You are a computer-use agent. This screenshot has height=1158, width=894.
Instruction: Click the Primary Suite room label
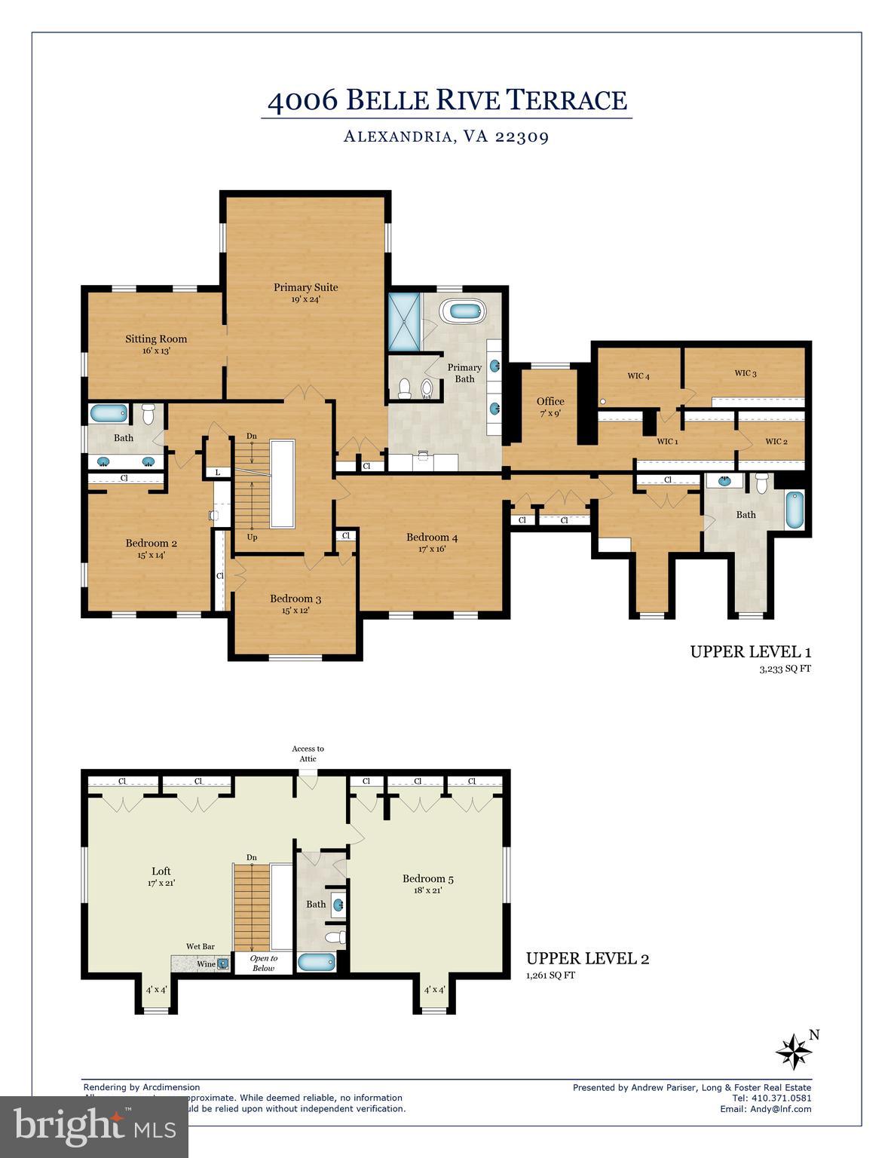pos(305,287)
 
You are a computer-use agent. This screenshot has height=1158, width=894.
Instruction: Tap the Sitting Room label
pos(156,339)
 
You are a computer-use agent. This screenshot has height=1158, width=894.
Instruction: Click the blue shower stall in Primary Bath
pos(405,322)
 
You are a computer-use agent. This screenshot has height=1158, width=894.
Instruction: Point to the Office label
pos(550,401)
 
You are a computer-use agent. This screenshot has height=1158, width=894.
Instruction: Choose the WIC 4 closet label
pos(638,376)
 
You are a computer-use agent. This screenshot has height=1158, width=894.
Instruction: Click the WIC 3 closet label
pos(745,373)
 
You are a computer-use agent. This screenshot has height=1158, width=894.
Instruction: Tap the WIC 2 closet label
pos(776,442)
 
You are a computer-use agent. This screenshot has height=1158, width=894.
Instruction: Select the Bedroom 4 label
pos(432,538)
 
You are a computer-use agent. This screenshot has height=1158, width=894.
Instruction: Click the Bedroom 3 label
pos(295,599)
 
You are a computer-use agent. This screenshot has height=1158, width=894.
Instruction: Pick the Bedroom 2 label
pos(152,544)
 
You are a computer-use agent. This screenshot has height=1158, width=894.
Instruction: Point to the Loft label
pos(161,872)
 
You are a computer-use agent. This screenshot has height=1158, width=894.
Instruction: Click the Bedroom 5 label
pos(428,878)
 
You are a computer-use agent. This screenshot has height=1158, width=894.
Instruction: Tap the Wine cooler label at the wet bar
pos(206,964)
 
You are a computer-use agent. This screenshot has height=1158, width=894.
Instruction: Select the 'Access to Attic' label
pos(308,754)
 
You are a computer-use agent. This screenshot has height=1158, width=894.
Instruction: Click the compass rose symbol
pos(794,1051)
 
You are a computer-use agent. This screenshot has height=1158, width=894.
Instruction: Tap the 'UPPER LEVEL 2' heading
pos(587,959)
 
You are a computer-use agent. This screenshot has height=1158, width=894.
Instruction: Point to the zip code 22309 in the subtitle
pos(522,137)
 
